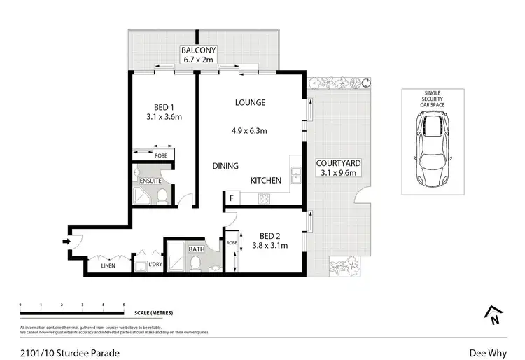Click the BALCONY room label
198,50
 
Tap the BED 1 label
159,107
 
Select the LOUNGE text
250,102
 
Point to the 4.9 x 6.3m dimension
251,130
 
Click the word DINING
225,166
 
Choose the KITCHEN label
266,180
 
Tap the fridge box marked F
231,199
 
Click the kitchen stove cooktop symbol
265,199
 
